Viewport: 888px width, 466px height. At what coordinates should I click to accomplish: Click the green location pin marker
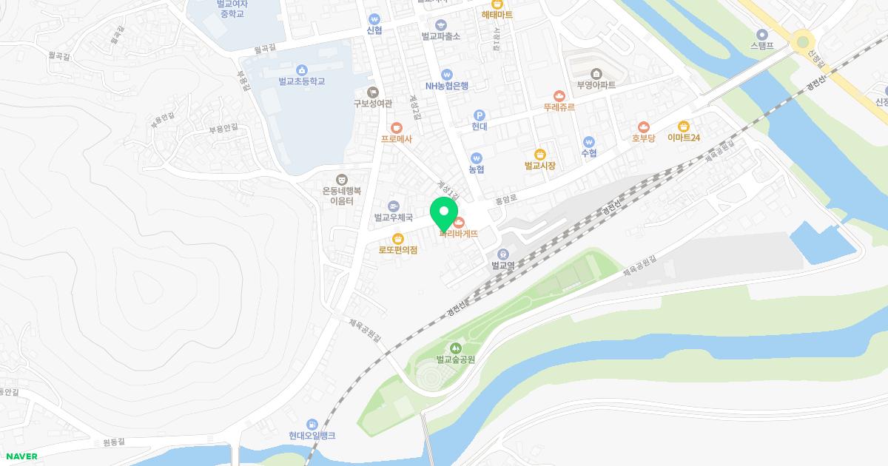(x=444, y=213)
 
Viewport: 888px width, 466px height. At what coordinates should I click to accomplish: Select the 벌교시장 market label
(x=539, y=166)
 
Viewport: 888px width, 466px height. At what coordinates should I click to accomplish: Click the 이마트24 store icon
(x=683, y=126)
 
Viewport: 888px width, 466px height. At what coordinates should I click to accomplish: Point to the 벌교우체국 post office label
(x=393, y=217)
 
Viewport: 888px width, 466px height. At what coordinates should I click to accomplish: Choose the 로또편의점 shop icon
(x=398, y=238)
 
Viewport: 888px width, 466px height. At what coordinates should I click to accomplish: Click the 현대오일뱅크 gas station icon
(x=312, y=424)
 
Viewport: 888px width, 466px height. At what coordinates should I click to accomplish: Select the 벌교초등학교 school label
(x=302, y=81)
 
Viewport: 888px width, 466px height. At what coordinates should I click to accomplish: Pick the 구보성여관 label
(x=372, y=104)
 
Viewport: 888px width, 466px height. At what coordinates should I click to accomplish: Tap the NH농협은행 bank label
(x=446, y=86)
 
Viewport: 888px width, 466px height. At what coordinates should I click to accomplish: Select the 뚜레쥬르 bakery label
(x=559, y=107)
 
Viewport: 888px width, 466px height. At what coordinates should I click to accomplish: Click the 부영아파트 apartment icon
(x=596, y=72)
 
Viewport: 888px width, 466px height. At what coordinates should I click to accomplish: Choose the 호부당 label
(x=643, y=138)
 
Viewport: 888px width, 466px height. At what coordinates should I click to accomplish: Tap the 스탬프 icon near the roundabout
(x=761, y=33)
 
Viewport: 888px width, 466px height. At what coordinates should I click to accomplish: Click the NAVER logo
(x=20, y=456)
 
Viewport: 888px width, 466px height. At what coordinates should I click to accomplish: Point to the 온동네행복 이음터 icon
(x=341, y=178)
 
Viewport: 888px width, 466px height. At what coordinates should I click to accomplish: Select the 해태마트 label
(x=497, y=15)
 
